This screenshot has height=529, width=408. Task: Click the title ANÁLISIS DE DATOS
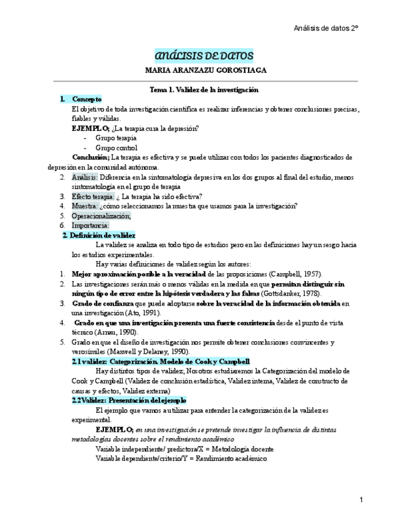point(204,57)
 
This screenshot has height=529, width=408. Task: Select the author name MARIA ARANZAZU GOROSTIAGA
point(204,70)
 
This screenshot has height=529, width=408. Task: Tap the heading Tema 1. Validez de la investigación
point(204,90)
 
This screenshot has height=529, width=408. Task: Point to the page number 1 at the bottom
point(361,500)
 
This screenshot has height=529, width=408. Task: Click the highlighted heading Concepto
point(87,99)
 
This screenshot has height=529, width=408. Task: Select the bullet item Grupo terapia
point(116,138)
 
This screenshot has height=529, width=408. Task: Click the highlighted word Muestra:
point(84,206)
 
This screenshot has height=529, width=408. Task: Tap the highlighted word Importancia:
point(90,225)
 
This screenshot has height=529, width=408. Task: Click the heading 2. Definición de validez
point(99,235)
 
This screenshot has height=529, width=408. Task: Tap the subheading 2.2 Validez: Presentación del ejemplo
point(129,400)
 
